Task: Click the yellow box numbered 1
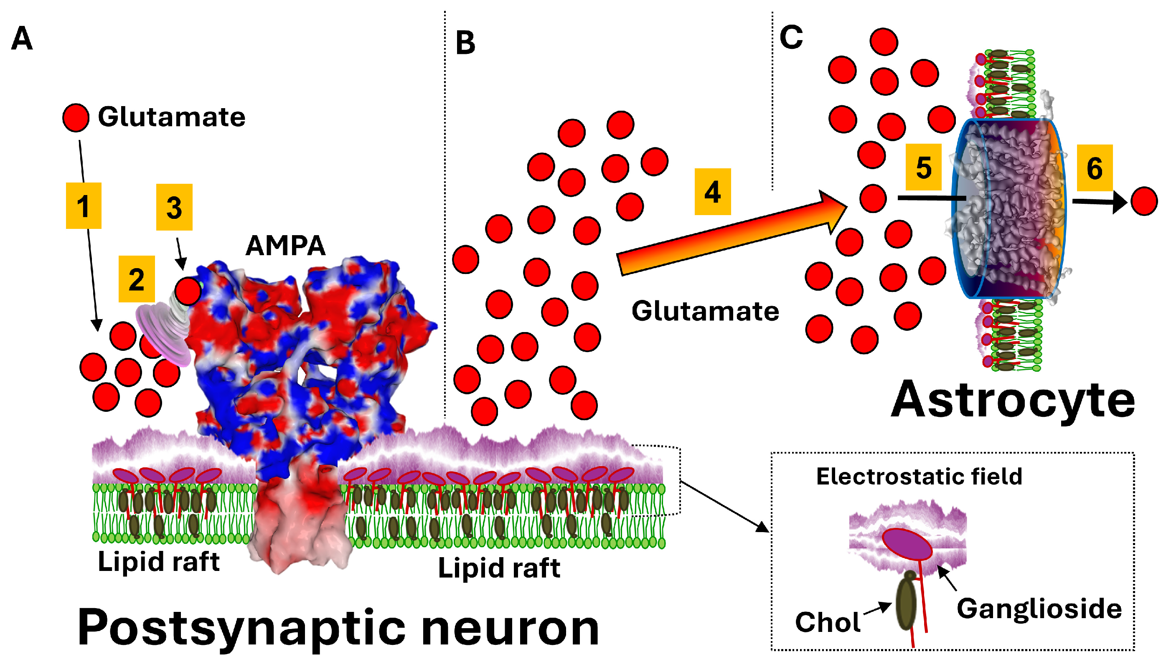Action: pyautogui.click(x=83, y=205)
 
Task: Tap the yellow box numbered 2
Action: pyautogui.click(x=137, y=279)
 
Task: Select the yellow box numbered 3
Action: pyautogui.click(x=174, y=207)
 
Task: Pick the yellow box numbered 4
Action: pyautogui.click(x=712, y=191)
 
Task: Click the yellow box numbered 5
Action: pyautogui.click(x=923, y=167)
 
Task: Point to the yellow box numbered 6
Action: pyautogui.click(x=1094, y=168)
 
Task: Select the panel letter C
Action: pyautogui.click(x=791, y=37)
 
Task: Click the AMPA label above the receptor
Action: pyautogui.click(x=285, y=246)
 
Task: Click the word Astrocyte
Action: pyautogui.click(x=1013, y=400)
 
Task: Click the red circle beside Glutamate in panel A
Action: pyautogui.click(x=76, y=117)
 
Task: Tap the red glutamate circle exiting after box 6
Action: pyautogui.click(x=1144, y=200)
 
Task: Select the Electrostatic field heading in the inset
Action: pyautogui.click(x=919, y=477)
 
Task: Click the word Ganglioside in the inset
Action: pyautogui.click(x=1039, y=609)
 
